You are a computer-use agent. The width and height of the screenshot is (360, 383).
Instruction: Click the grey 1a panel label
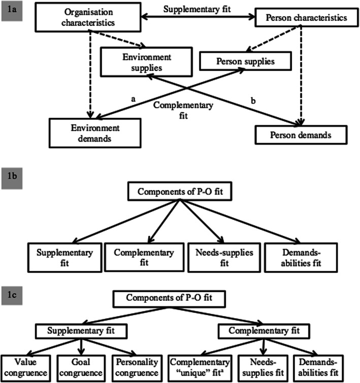point(11,9)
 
